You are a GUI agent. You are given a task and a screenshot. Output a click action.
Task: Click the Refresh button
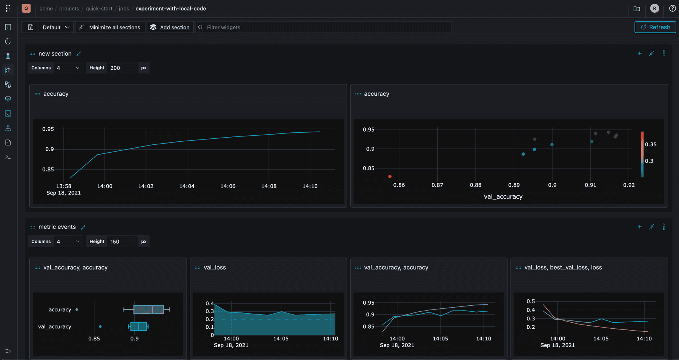pos(655,27)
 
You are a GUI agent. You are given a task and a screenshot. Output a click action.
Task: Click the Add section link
pos(174,27)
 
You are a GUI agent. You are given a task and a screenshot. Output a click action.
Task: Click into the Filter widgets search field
pos(324,27)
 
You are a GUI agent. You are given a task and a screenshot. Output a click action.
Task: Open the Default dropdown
pos(56,27)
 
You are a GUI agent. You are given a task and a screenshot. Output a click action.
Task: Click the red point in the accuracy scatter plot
pos(390,176)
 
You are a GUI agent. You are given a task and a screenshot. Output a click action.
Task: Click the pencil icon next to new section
pos(79,54)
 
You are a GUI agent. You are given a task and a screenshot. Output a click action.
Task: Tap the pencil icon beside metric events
pos(83,227)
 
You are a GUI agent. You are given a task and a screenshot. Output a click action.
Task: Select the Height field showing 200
pos(123,68)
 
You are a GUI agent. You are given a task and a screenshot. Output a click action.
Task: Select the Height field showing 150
pos(123,242)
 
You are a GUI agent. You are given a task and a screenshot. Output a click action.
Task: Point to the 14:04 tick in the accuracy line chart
pos(187,186)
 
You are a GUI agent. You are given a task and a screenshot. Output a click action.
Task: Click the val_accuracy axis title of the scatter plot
pos(503,196)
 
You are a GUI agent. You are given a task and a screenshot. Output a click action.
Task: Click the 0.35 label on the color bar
pos(650,144)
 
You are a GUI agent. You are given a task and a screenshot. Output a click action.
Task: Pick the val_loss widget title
pos(215,267)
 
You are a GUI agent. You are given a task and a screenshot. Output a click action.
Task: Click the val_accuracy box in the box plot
pos(138,326)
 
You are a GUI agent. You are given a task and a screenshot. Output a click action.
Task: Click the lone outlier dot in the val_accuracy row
pos(100,326)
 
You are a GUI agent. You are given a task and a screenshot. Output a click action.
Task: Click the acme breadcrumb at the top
pos(46,9)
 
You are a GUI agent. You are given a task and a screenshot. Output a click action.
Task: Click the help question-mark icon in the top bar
pos(672,8)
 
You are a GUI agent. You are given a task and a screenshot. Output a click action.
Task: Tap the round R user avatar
pos(654,8)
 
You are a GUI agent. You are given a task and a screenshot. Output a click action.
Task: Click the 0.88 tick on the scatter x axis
pos(475,185)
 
